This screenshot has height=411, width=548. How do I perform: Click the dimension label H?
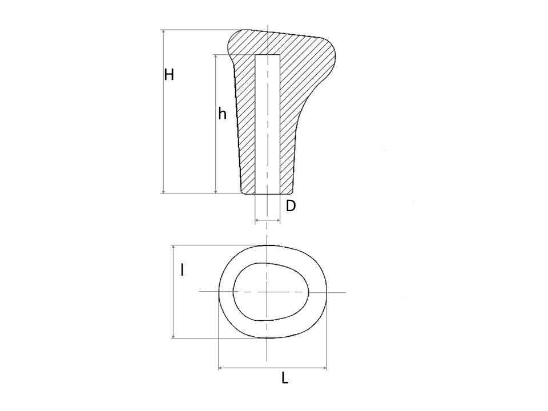[x=169, y=75]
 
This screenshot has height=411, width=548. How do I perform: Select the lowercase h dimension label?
[x=222, y=114]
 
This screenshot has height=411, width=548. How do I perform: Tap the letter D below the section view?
[x=291, y=206]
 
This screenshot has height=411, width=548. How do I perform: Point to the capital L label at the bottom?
[x=285, y=378]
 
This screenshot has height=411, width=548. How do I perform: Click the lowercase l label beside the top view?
[x=182, y=270]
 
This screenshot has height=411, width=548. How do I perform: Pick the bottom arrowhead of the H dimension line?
[x=163, y=191]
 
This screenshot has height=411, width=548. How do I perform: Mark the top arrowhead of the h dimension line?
[x=216, y=57]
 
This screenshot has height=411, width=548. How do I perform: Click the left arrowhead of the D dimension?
[x=257, y=220]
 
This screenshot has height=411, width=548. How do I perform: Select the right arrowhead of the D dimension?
[x=277, y=220]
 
